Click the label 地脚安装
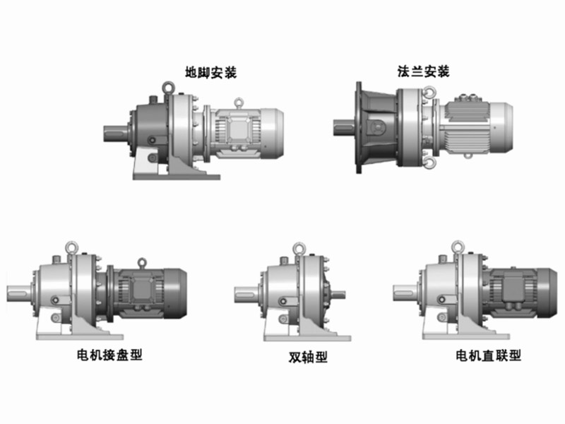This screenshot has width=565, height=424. (x=210, y=73)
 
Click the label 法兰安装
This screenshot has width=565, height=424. (x=423, y=71)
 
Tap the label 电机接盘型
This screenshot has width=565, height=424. (x=109, y=355)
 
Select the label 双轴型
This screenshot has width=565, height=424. (x=308, y=357)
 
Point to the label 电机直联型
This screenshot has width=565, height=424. (x=488, y=355)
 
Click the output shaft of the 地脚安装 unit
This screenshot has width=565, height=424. (x=115, y=133)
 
